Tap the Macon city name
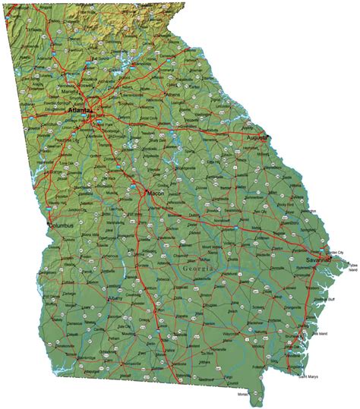pos(155,193)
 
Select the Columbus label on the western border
pos(61,226)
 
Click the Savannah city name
pos(317,260)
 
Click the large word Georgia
pos(199,270)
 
